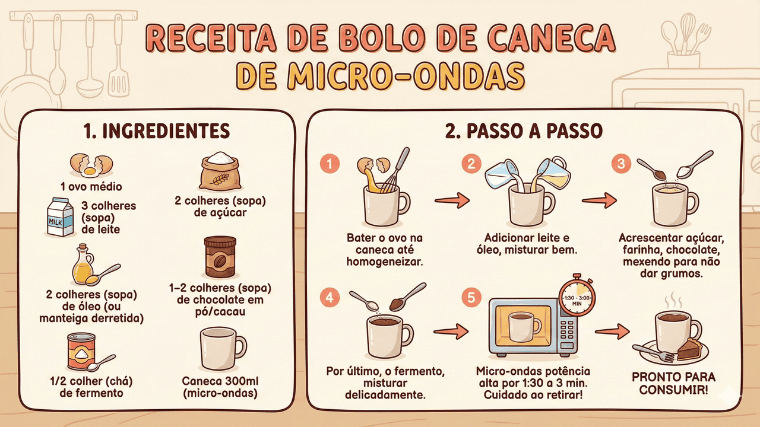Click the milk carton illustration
pyautogui.click(x=61, y=217)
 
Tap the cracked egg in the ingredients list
pyautogui.click(x=91, y=165)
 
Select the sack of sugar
pyautogui.click(x=220, y=171)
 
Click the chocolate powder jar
pyautogui.click(x=220, y=257)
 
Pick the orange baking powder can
pyautogui.click(x=81, y=351)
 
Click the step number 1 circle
pyautogui.click(x=330, y=164)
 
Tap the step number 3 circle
pyautogui.click(x=621, y=164)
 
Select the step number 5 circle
pyautogui.click(x=471, y=298)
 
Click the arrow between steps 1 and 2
pyautogui.click(x=452, y=200)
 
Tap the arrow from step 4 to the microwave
pyautogui.click(x=451, y=331)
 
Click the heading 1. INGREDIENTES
pyautogui.click(x=157, y=131)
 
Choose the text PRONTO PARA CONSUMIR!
pyautogui.click(x=673, y=383)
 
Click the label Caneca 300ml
pyautogui.click(x=220, y=381)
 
